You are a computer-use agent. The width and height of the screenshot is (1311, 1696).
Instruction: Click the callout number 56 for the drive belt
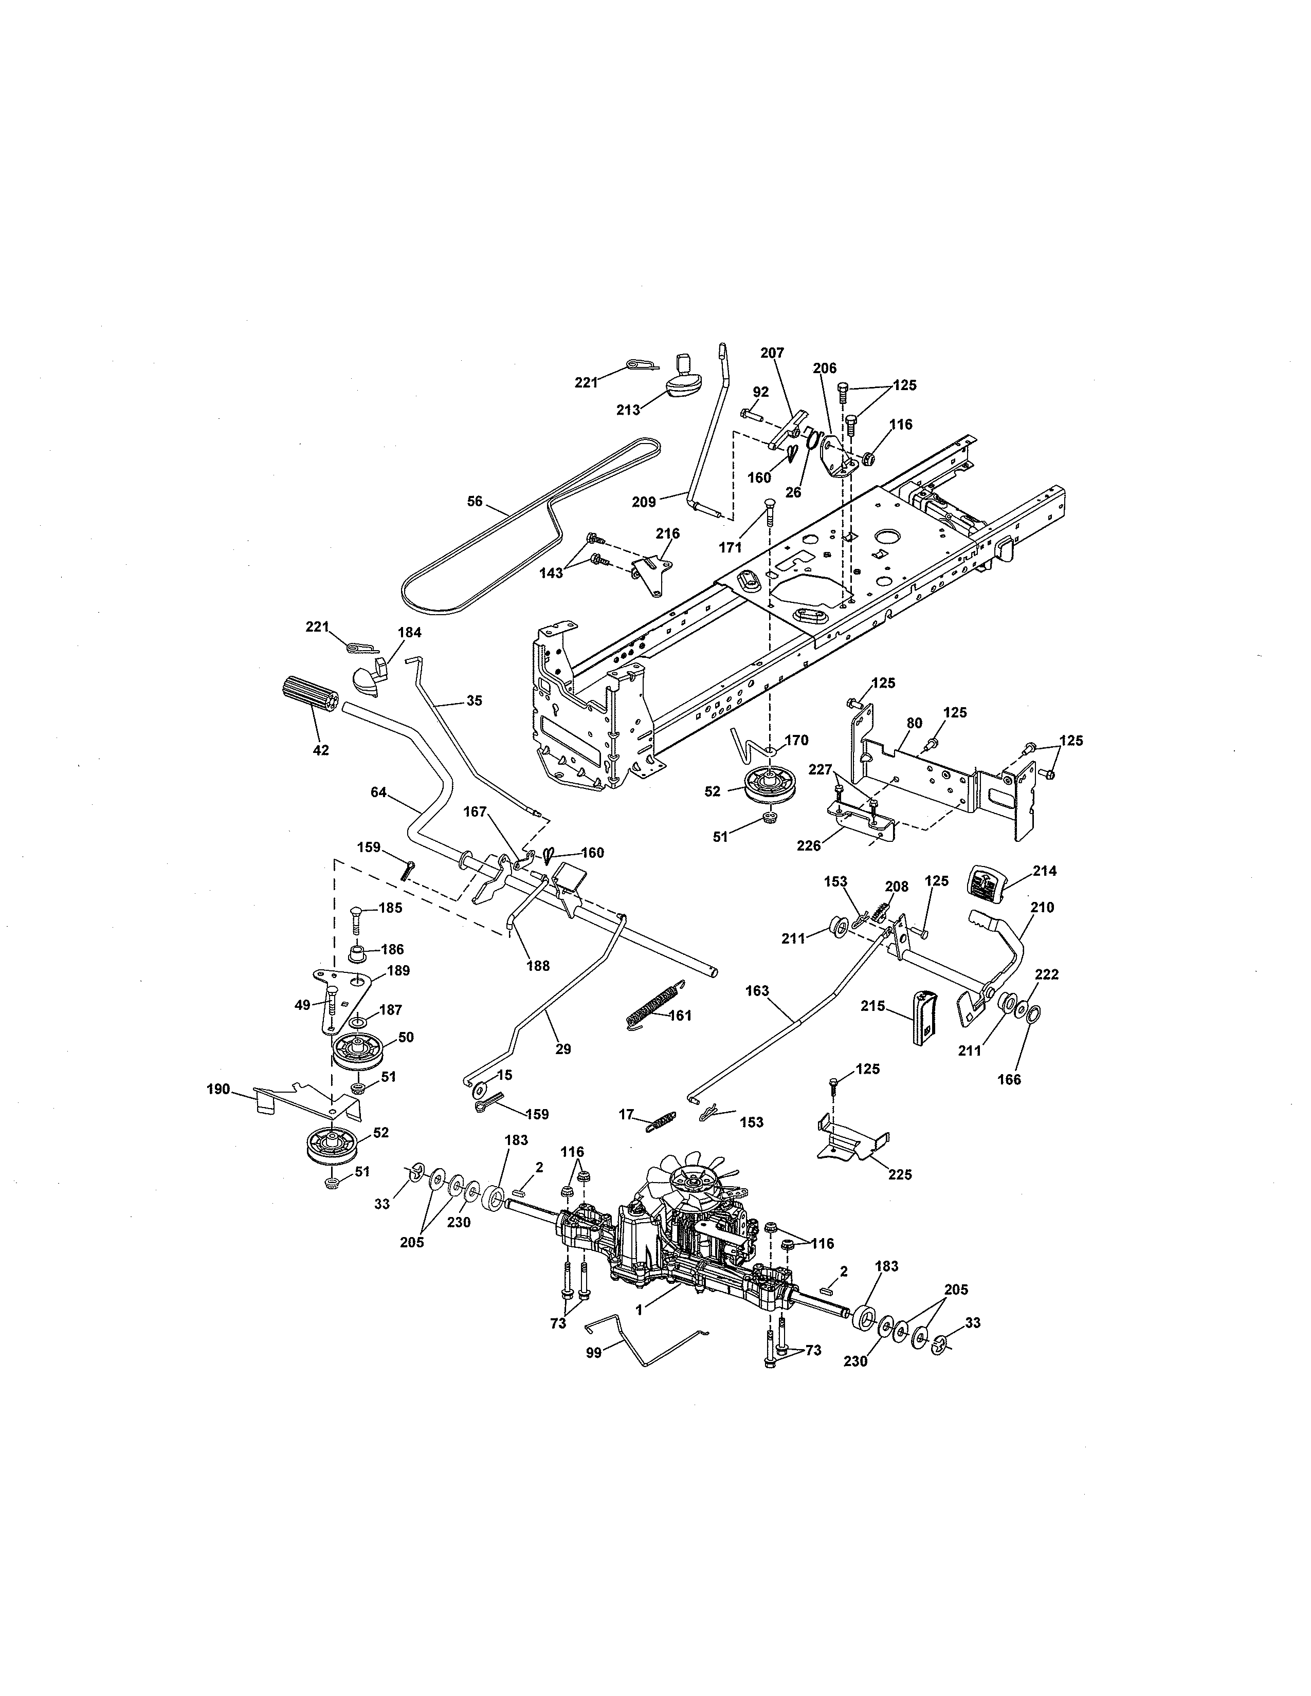tap(475, 502)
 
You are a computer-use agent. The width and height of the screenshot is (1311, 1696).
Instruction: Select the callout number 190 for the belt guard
tap(218, 1090)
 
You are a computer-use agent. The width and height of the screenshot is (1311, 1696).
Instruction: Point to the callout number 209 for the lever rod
tap(644, 502)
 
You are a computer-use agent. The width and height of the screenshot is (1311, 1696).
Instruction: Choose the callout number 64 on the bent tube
tap(378, 792)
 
